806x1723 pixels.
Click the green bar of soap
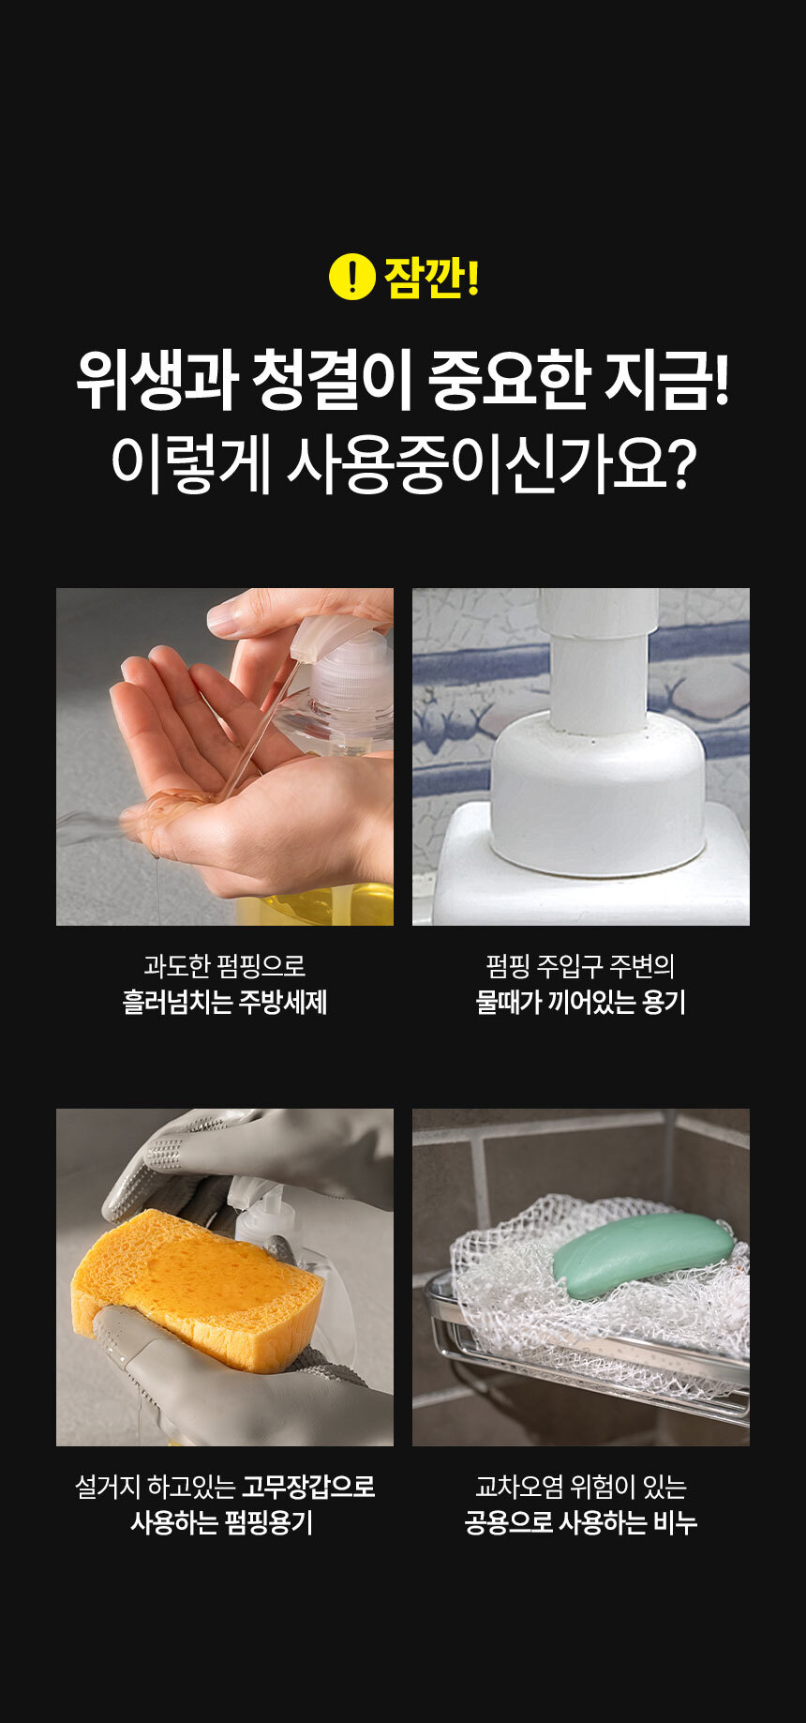tap(643, 1254)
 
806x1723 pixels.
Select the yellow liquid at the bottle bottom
tap(315, 905)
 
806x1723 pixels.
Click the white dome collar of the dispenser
tap(597, 793)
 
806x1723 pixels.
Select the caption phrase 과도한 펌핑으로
tap(225, 965)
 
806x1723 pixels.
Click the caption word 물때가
tap(509, 1002)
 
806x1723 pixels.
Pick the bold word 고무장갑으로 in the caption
tap(308, 1486)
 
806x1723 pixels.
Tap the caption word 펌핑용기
tap(267, 1522)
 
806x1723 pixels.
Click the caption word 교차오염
tap(512, 1486)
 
